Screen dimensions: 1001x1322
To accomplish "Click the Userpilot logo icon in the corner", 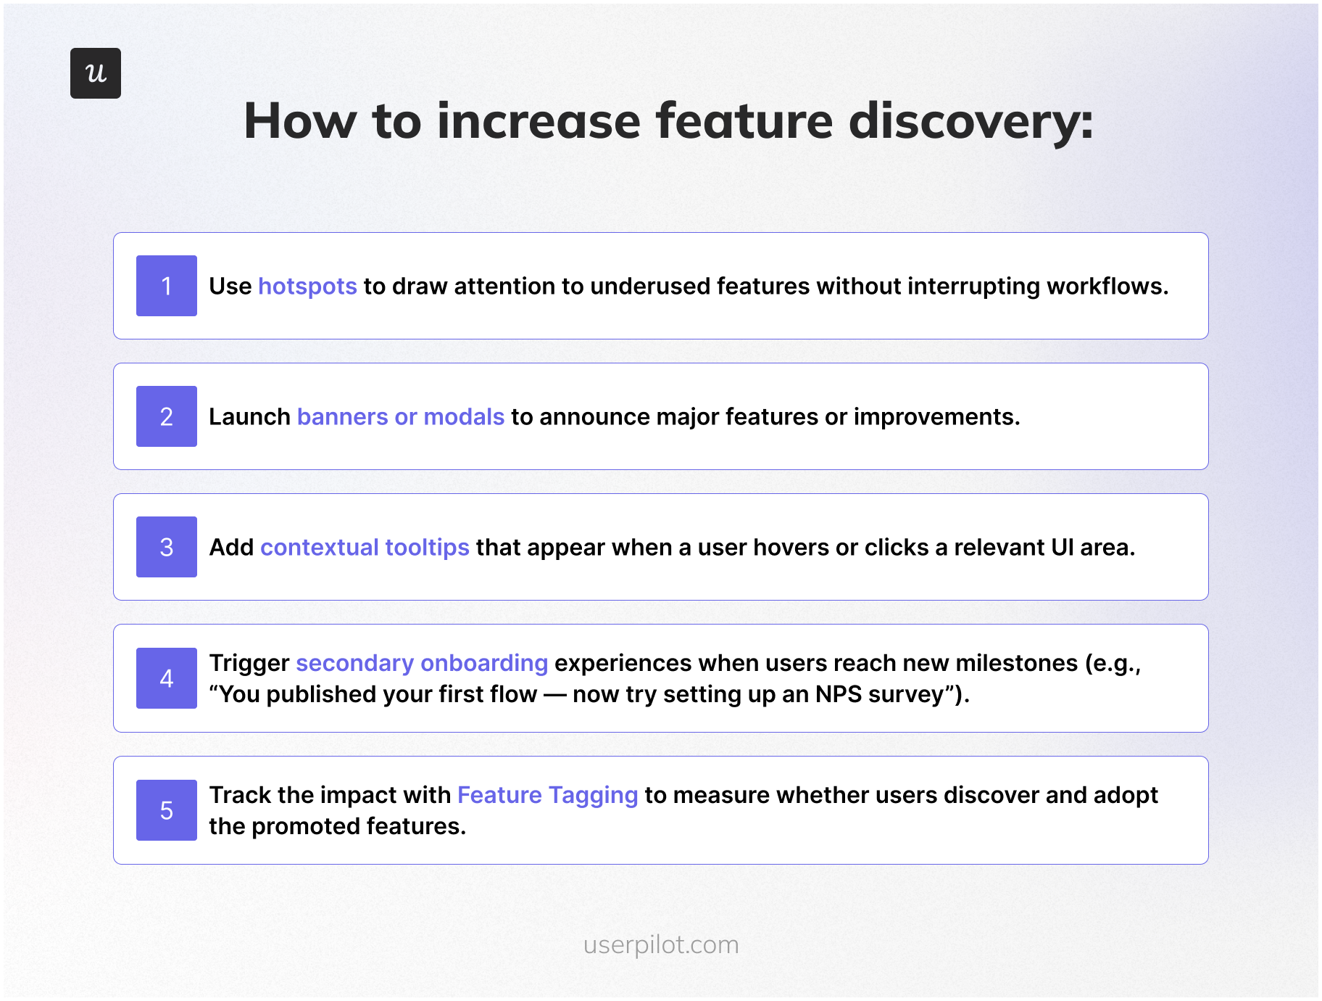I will [x=96, y=73].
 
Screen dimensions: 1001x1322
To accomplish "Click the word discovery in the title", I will [x=970, y=121].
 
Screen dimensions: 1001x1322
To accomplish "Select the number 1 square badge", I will [x=167, y=286].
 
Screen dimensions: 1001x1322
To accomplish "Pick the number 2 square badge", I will [x=167, y=416].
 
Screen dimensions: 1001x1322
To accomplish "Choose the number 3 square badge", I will [x=167, y=547].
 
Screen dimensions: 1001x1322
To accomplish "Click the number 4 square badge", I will [x=167, y=678].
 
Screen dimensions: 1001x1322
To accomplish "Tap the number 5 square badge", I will [x=167, y=810].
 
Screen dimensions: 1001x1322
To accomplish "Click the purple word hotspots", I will [x=307, y=287].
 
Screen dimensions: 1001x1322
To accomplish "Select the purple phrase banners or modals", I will [x=400, y=417].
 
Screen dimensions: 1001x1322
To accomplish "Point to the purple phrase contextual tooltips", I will [x=365, y=548].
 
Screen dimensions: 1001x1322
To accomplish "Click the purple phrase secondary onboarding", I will [x=422, y=664].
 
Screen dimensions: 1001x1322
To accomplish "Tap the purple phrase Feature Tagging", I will [x=547, y=796].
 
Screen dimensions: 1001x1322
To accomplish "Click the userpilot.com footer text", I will [x=661, y=944].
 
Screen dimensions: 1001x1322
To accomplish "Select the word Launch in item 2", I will [x=249, y=417].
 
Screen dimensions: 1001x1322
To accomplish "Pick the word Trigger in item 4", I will [x=249, y=664].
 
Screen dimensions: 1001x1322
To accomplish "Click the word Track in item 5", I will [x=240, y=796].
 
